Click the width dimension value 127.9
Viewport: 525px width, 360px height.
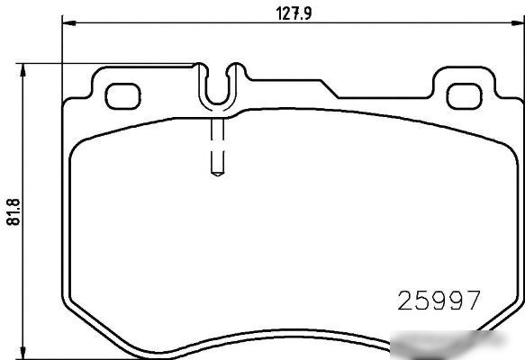tap(294, 13)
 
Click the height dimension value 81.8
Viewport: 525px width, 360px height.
tap(14, 211)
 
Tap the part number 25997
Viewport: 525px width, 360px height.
tap(439, 301)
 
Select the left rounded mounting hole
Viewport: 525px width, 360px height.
tap(122, 96)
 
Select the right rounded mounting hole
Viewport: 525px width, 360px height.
tap(465, 96)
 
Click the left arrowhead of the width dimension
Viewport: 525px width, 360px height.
tap(69, 22)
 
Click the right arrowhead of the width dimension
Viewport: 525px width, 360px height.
tap(518, 22)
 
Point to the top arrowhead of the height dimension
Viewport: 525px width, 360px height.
tap(23, 70)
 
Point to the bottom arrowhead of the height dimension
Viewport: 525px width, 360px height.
tap(23, 352)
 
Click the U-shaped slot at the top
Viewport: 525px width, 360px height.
tap(218, 103)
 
